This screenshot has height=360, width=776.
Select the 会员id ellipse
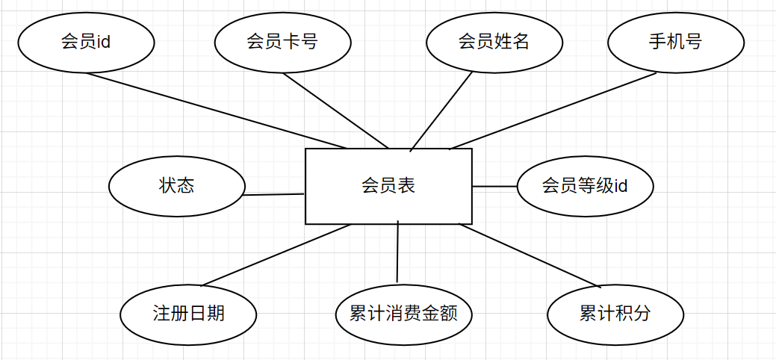(x=86, y=42)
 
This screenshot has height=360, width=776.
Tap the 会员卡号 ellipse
(x=282, y=42)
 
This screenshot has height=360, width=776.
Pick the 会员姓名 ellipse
(x=494, y=42)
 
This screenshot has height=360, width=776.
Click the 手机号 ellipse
(x=675, y=42)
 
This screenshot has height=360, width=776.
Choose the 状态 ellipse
(x=176, y=186)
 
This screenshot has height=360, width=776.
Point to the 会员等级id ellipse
(x=585, y=186)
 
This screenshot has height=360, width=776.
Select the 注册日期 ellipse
(x=188, y=314)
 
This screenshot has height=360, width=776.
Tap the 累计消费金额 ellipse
(x=403, y=314)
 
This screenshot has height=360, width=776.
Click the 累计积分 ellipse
(x=615, y=314)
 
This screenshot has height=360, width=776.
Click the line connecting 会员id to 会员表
(x=217, y=110)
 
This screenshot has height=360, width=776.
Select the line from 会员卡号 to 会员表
(x=336, y=111)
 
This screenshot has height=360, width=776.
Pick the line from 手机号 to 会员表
(x=553, y=111)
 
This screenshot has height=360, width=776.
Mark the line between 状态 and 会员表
(x=274, y=195)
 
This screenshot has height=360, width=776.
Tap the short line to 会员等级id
(x=494, y=186)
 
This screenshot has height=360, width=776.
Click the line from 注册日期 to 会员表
(x=276, y=254)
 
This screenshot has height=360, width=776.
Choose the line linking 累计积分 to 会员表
(x=530, y=255)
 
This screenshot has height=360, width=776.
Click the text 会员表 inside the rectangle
(x=388, y=186)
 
